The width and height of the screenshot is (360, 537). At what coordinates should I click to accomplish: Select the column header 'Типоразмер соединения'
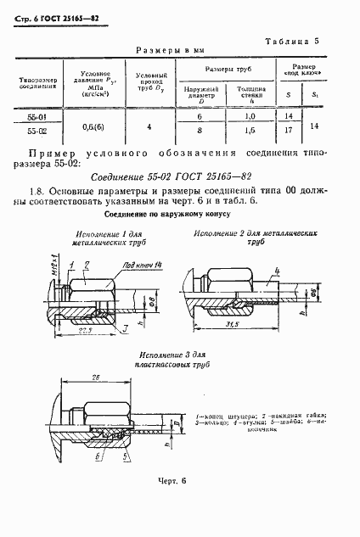37,85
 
